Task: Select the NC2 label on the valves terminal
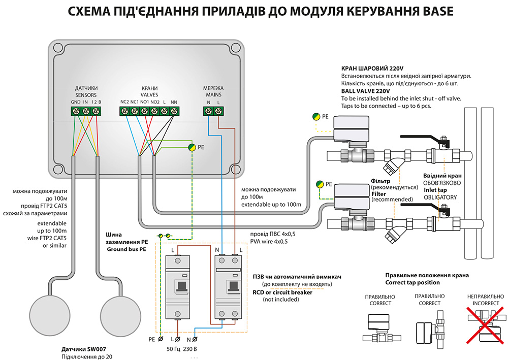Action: (124, 102)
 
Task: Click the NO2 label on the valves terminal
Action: (155, 102)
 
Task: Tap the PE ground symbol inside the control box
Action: (192, 147)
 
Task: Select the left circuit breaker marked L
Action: (177, 286)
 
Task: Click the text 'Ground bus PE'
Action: (125, 250)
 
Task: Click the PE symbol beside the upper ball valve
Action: (317, 116)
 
